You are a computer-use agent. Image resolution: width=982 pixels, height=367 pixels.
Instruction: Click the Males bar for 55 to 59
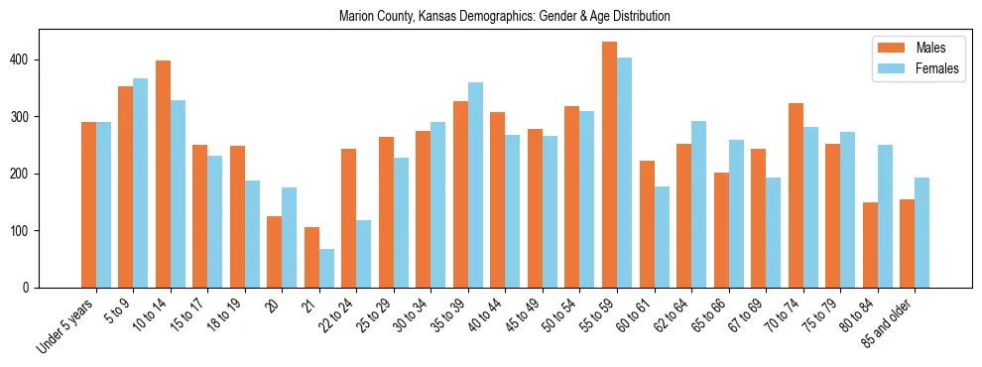pyautogui.click(x=609, y=165)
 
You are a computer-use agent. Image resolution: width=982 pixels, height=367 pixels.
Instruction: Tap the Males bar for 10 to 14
pyautogui.click(x=163, y=174)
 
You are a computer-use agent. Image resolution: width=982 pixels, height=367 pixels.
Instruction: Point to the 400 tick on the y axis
pyautogui.click(x=40, y=60)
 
